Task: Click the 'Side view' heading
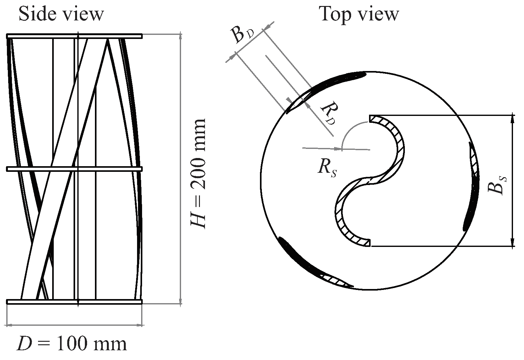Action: [x=61, y=14]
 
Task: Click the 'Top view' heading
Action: [x=359, y=14]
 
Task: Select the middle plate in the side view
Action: [x=74, y=169]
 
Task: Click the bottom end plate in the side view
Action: [x=74, y=302]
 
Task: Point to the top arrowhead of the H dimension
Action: [x=180, y=36]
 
